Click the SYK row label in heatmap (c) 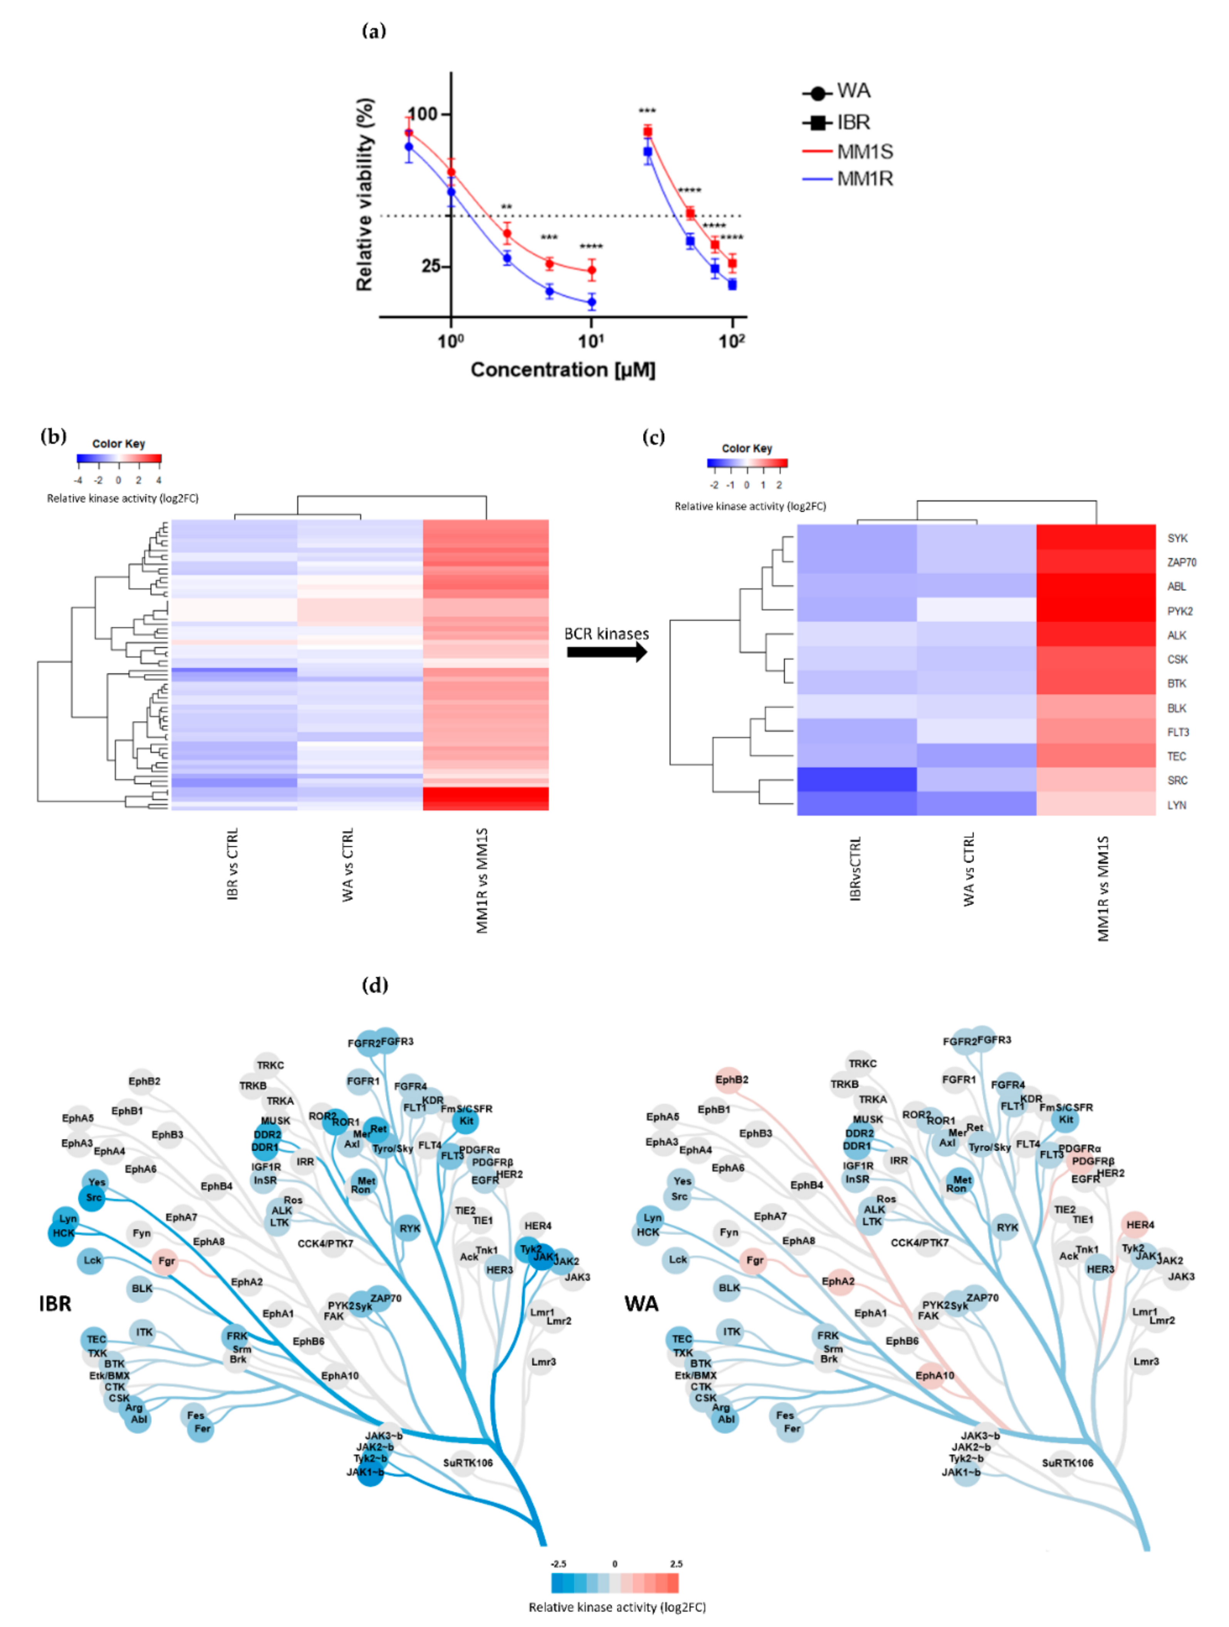1177,538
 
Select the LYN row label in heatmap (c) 1176,805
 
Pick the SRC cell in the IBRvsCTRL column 857,780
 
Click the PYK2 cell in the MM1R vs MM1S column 1096,611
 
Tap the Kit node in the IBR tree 466,1121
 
